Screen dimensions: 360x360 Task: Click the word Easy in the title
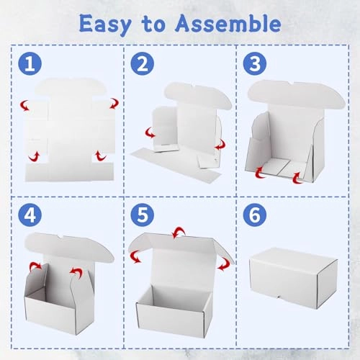pyautogui.click(x=107, y=24)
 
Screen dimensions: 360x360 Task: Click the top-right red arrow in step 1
pyautogui.click(x=113, y=104)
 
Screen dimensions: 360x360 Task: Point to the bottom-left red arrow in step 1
pyautogui.click(x=32, y=156)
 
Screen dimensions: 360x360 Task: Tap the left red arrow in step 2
pyautogui.click(x=150, y=133)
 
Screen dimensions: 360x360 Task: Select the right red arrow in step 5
pyautogui.click(x=225, y=264)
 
